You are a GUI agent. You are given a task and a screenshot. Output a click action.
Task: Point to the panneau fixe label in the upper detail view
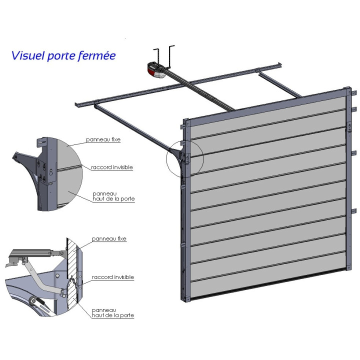[x=103, y=141]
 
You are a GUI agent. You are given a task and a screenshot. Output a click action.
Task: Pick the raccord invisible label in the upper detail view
[x=112, y=167]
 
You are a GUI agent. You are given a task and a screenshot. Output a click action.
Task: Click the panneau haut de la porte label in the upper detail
[x=113, y=196]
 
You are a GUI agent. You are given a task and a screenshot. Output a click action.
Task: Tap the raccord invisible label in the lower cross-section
[x=113, y=277]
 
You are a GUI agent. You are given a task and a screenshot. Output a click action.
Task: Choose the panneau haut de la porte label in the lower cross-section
[x=113, y=313]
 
